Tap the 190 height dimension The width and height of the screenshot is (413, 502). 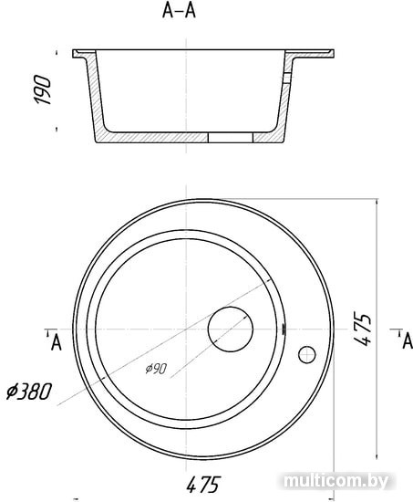pyautogui.click(x=42, y=90)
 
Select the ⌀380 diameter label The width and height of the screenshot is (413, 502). pyautogui.click(x=29, y=392)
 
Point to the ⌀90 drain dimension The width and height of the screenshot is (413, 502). pyautogui.click(x=156, y=369)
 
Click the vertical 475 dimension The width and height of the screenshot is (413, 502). pyautogui.click(x=363, y=329)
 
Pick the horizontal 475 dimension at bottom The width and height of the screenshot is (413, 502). pyautogui.click(x=203, y=484)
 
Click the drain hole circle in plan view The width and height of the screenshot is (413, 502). pyautogui.click(x=231, y=329)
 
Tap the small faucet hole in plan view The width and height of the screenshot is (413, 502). pyautogui.click(x=307, y=355)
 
